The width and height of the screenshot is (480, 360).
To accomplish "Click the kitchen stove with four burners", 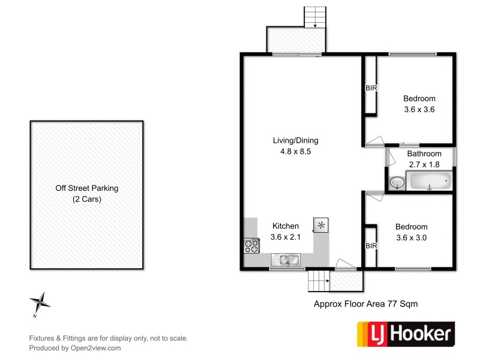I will [251, 246].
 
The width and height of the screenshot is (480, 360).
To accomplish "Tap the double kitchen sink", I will [286, 260].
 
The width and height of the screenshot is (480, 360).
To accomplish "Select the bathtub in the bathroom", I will [428, 180].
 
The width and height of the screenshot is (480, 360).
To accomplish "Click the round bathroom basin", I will [396, 182].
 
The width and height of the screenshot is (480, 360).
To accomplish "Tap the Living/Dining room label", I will [295, 140].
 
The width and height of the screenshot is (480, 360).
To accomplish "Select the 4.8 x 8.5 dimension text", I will [295, 151].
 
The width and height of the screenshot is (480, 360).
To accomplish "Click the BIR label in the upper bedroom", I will [371, 88].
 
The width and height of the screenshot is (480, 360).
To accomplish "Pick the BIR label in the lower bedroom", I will [371, 246].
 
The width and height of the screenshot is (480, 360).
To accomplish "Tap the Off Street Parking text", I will [86, 188].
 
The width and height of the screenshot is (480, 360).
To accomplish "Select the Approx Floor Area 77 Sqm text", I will [365, 304].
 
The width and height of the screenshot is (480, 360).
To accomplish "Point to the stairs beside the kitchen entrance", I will [319, 280].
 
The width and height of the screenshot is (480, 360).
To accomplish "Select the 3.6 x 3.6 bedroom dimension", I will [419, 109].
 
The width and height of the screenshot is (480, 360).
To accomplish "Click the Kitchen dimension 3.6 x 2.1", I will [286, 236].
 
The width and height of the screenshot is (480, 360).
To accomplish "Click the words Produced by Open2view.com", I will [75, 348].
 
